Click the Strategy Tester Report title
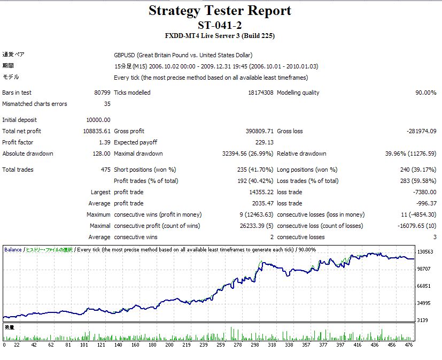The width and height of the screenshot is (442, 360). [220, 11]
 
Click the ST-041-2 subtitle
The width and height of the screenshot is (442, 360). [220, 25]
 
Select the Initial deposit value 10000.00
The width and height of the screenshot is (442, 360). [98, 120]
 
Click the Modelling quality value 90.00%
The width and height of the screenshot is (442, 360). [425, 93]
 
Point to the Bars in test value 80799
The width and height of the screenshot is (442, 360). [102, 93]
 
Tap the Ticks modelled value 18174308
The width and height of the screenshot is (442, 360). [260, 93]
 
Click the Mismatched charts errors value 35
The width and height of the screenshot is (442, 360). [107, 104]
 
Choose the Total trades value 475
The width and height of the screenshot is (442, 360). [105, 170]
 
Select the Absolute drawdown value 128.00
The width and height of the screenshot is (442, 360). [102, 154]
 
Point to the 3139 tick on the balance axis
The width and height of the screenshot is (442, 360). [424, 320]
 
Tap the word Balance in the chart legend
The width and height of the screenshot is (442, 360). [13, 249]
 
